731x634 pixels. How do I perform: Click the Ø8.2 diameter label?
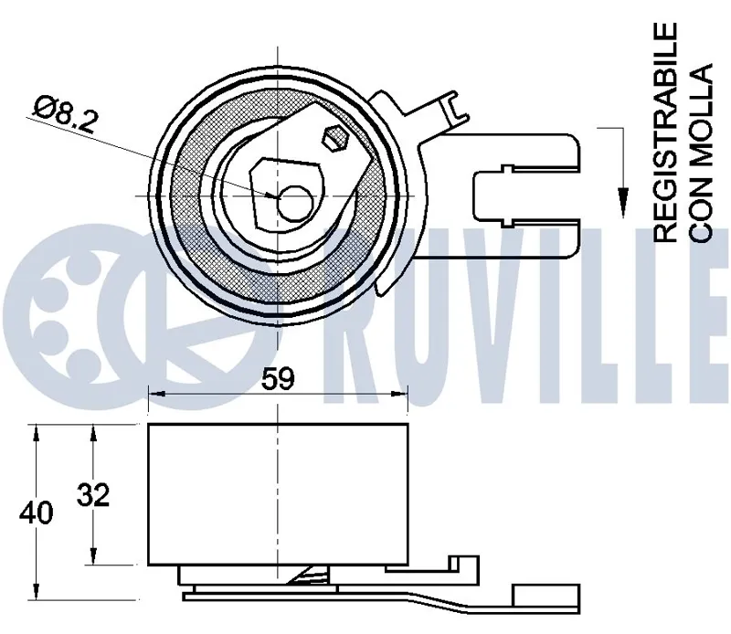[65, 114]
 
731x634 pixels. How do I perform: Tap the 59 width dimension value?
[278, 378]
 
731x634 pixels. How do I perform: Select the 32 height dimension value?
[93, 494]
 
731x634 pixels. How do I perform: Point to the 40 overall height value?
[36, 512]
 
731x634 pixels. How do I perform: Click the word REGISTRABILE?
[665, 132]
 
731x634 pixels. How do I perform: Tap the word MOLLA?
[701, 118]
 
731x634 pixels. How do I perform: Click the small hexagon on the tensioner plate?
[335, 138]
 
